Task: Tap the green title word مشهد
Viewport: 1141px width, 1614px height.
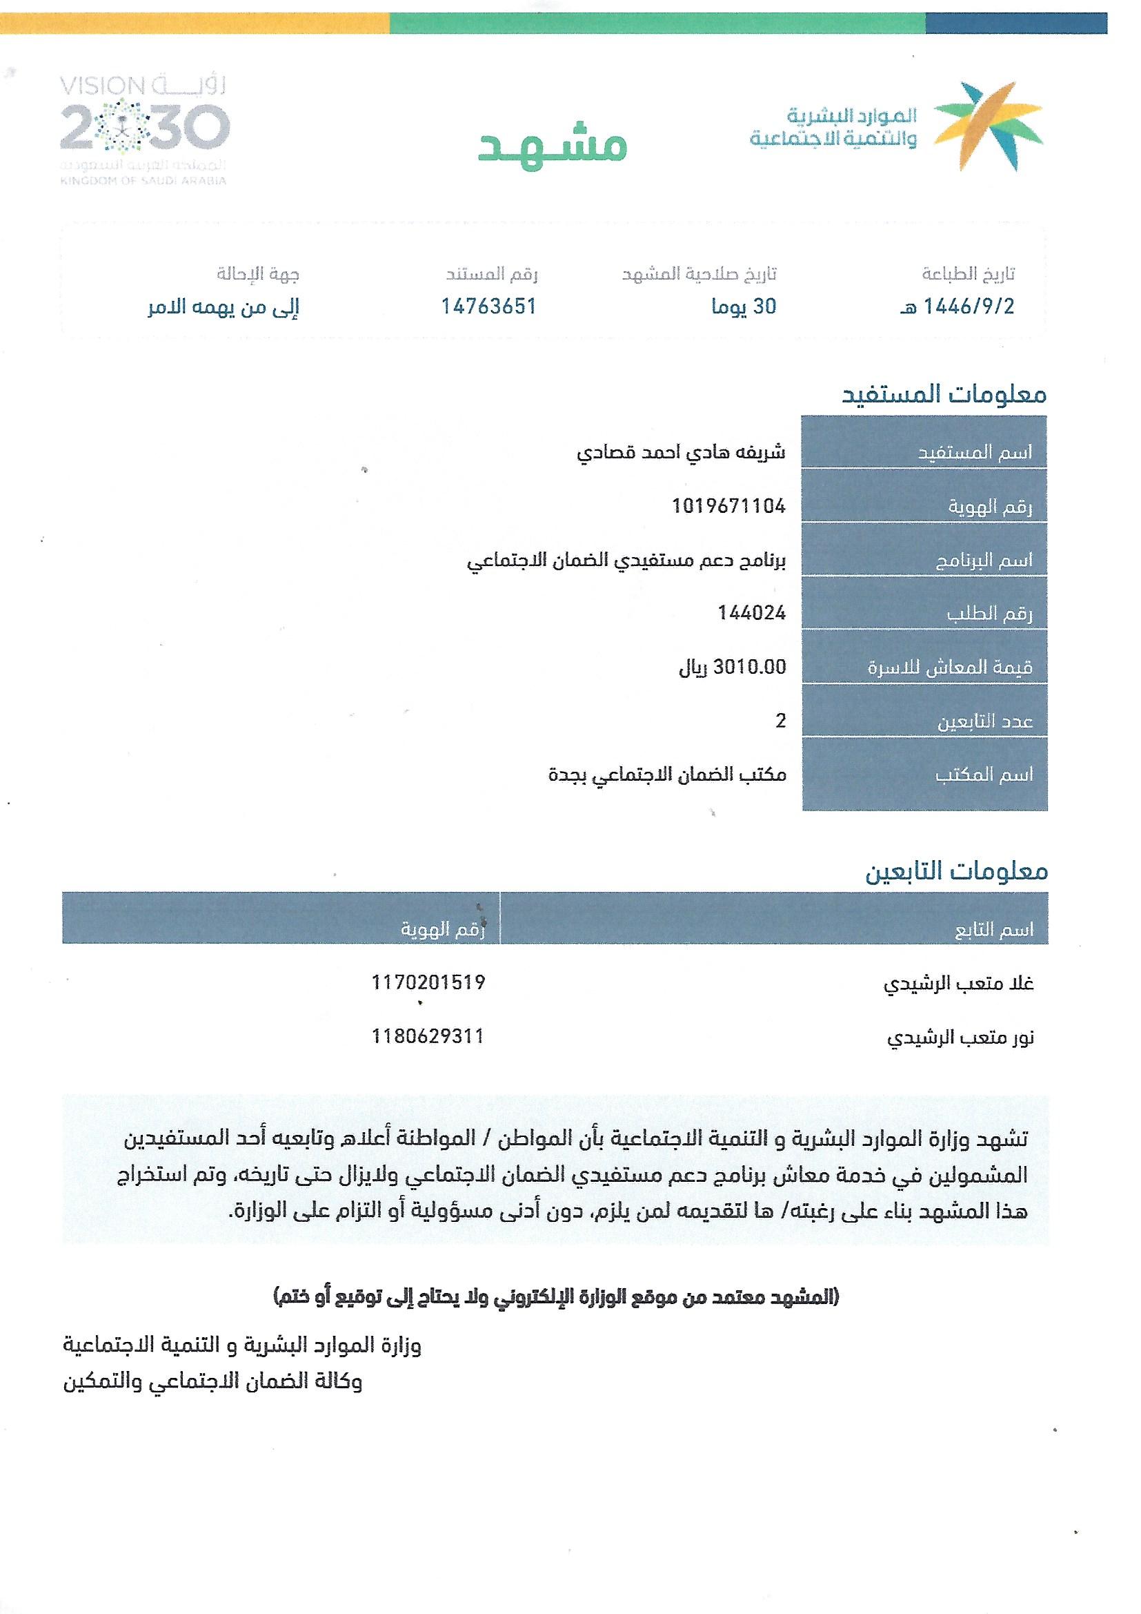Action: (x=553, y=146)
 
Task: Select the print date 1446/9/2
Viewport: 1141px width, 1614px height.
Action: (x=958, y=307)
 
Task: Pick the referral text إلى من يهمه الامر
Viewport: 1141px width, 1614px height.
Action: (x=224, y=307)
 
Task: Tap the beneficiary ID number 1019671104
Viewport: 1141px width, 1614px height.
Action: (x=728, y=506)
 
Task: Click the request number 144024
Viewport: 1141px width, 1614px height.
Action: (x=751, y=613)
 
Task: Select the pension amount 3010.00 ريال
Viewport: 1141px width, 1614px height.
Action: (x=732, y=666)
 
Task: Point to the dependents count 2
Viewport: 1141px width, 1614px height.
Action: (x=780, y=721)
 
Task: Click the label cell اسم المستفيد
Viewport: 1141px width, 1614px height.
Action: (x=975, y=453)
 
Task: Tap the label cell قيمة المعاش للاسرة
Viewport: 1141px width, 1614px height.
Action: (x=950, y=667)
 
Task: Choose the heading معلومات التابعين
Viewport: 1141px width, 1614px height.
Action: (x=955, y=872)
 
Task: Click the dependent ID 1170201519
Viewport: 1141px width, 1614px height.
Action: (x=428, y=982)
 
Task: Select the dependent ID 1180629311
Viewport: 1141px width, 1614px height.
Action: (x=428, y=1036)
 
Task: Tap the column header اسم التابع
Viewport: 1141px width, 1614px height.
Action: (x=993, y=930)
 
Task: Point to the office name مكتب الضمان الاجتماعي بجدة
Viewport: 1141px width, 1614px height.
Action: (x=667, y=775)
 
